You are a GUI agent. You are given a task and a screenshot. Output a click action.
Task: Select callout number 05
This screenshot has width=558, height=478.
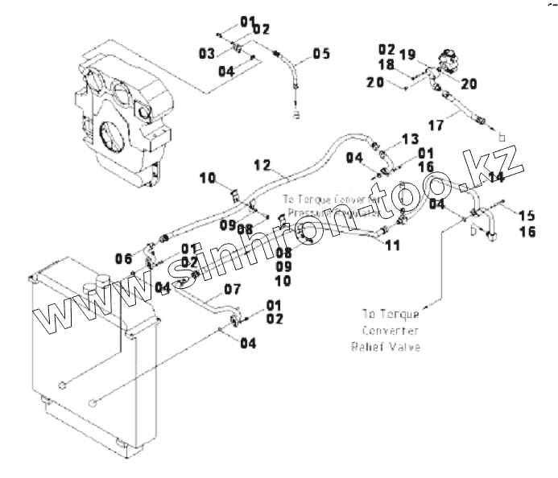tap(321, 54)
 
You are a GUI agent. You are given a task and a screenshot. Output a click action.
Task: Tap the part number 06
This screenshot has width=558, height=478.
tap(123, 258)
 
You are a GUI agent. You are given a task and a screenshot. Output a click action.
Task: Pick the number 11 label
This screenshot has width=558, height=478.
tap(392, 245)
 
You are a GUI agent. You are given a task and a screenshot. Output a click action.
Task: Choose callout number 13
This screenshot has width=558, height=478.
tap(411, 139)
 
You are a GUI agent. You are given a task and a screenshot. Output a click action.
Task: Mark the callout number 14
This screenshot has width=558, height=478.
tap(497, 176)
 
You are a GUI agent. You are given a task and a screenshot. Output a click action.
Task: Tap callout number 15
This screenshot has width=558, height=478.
tap(527, 215)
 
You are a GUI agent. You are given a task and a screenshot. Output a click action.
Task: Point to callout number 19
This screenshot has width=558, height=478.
tap(407, 54)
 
